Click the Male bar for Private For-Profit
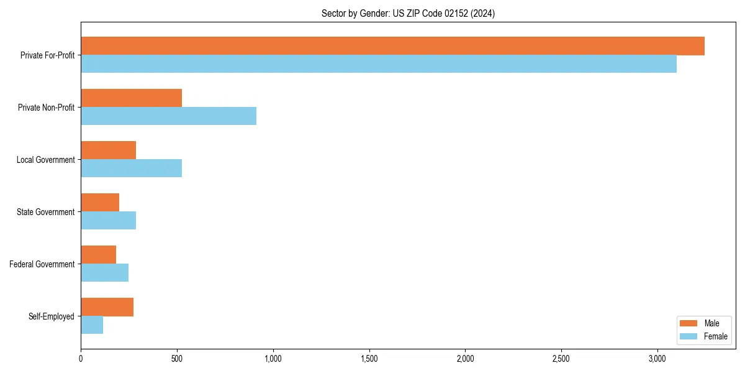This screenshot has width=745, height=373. point(392,46)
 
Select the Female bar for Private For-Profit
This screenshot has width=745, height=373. point(379,64)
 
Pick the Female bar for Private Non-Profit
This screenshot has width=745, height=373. point(168,116)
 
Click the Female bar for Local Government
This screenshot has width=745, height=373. point(131,168)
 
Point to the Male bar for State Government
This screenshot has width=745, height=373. point(100,203)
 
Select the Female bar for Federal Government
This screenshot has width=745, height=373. point(104,273)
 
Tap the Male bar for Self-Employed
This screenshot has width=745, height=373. point(107,307)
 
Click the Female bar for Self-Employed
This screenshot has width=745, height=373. point(92,325)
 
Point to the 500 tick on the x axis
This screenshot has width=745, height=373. point(177,359)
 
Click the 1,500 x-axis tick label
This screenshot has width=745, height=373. point(369,359)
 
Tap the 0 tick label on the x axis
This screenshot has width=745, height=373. point(81,359)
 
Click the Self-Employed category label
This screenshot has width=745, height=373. point(52,316)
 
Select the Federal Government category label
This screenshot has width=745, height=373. point(42,264)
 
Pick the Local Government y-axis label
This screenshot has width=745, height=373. point(46,160)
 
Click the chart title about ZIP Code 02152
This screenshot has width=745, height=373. point(408,13)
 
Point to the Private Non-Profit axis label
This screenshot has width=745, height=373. point(46,108)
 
